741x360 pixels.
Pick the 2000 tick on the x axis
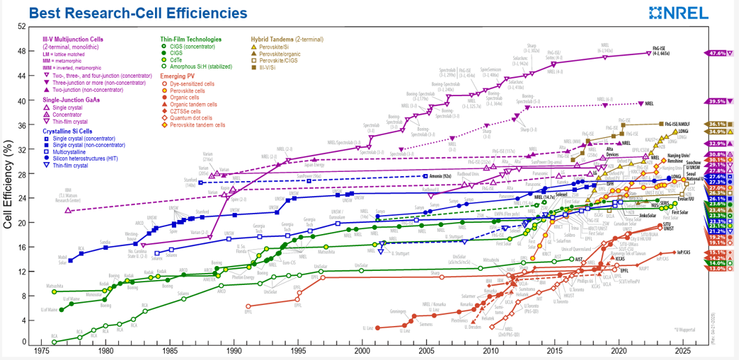click(x=362, y=351)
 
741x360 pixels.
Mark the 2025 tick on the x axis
click(x=682, y=351)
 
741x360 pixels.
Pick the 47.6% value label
click(x=716, y=53)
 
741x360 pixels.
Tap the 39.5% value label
click(x=716, y=102)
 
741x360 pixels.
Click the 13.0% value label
click(x=716, y=269)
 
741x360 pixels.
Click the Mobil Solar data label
click(x=62, y=258)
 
